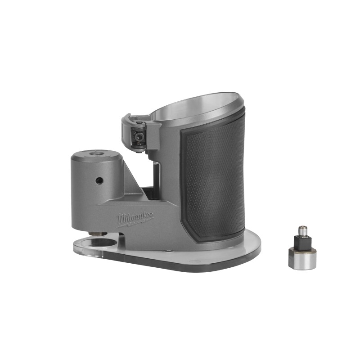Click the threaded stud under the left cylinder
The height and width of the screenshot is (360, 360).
click(97, 233)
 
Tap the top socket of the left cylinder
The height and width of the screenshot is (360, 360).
click(95, 154)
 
